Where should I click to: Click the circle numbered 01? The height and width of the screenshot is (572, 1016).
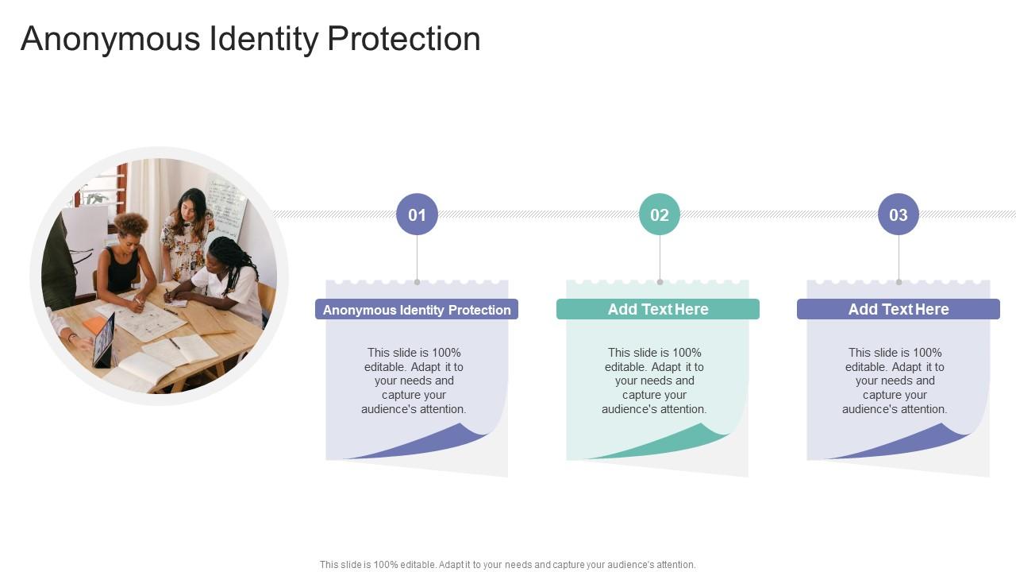pos(417,214)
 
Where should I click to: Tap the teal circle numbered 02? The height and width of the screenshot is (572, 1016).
pos(660,214)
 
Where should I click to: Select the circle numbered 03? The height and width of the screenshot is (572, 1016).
pos(899,214)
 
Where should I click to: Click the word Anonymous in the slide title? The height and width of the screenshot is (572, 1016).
pos(110,39)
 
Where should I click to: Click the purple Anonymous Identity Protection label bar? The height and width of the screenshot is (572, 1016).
pos(417,310)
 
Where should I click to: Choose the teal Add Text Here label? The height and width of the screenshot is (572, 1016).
pos(658,309)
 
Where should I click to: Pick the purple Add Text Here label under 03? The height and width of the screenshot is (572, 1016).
pos(899,309)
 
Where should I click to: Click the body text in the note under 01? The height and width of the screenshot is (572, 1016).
pos(414,381)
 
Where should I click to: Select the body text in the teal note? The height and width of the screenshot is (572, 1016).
pos(654,381)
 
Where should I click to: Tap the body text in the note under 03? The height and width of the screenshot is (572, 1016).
pos(895,381)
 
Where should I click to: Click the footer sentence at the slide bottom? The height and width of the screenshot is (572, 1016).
pos(508,565)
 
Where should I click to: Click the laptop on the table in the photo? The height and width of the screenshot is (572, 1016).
pos(104,341)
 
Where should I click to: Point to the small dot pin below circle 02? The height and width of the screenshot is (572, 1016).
pos(660,281)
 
